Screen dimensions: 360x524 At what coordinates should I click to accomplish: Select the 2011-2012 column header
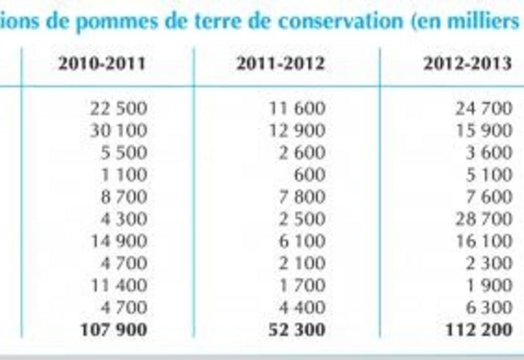pyautogui.click(x=280, y=64)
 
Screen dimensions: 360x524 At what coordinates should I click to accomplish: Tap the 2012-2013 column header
pyautogui.click(x=467, y=64)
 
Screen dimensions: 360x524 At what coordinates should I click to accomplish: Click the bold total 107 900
pyautogui.click(x=113, y=329)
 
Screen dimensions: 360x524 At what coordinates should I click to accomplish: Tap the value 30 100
pyautogui.click(x=118, y=130)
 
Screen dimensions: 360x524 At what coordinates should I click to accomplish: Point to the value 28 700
pyautogui.click(x=483, y=219)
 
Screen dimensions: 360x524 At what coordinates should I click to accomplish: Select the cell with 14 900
pyautogui.click(x=118, y=241)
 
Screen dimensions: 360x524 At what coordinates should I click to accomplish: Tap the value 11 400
pyautogui.click(x=118, y=285)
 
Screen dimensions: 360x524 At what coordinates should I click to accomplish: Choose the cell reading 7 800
pyautogui.click(x=302, y=196)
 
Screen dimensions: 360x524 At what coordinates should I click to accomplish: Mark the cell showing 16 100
pyautogui.click(x=483, y=241)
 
